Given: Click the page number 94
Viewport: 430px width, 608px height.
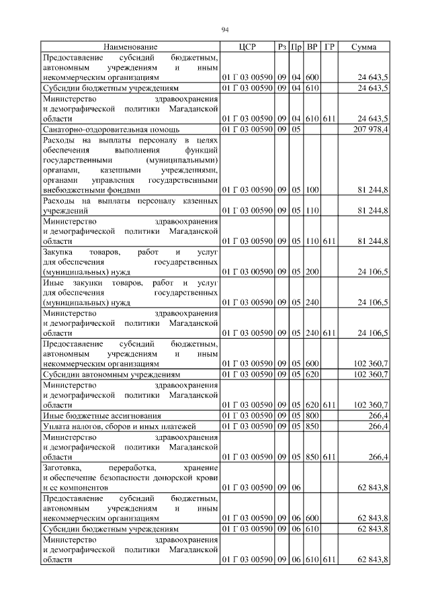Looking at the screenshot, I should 225,29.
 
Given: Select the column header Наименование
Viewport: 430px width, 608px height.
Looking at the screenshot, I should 130,47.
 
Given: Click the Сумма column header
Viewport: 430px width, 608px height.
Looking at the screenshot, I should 363,47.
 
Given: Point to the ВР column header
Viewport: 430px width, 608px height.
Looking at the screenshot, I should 312,47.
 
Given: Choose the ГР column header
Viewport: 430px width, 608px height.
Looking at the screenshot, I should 329,47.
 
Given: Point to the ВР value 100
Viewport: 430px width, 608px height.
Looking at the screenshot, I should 312,191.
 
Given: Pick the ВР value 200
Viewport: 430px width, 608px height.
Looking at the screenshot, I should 312,273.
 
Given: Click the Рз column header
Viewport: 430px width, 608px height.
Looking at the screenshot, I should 282,47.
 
